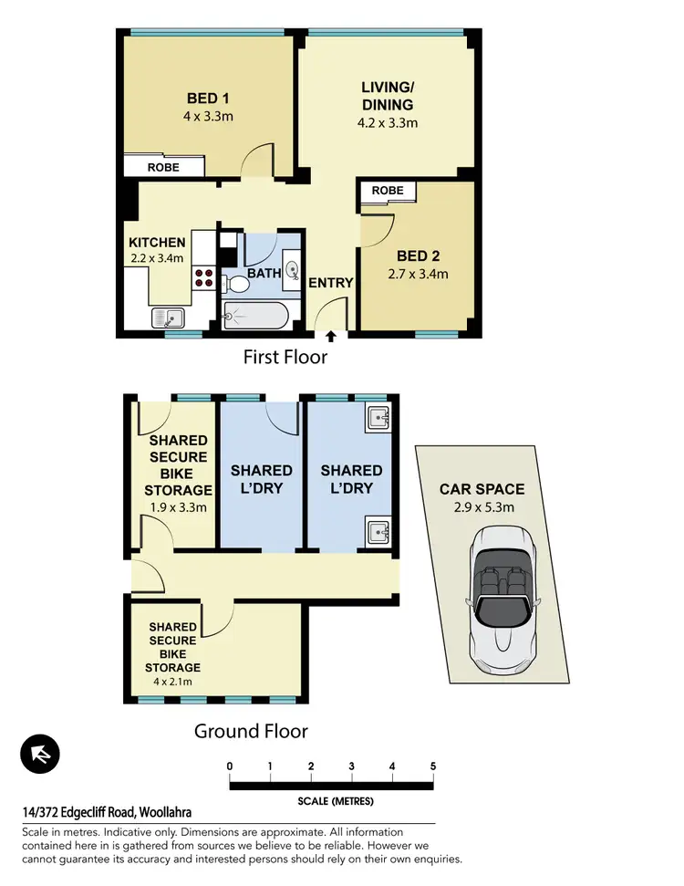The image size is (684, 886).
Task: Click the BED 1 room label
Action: pyautogui.click(x=202, y=99)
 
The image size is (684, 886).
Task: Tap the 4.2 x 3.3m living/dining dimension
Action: pyautogui.click(x=389, y=122)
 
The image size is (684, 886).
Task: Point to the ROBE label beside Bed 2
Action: pyautogui.click(x=388, y=191)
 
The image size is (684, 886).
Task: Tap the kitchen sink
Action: pyautogui.click(x=168, y=318)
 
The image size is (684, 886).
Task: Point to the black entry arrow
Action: pyautogui.click(x=329, y=336)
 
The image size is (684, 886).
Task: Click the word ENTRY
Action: pyautogui.click(x=330, y=283)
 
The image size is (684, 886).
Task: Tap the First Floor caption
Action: pyautogui.click(x=285, y=358)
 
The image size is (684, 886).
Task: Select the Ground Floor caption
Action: pyautogui.click(x=251, y=731)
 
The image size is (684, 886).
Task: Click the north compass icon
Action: pyautogui.click(x=39, y=754)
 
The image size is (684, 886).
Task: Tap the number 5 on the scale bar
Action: pyautogui.click(x=432, y=766)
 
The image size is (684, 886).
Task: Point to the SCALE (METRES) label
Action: pyautogui.click(x=336, y=802)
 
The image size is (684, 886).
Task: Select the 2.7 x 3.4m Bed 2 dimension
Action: pyautogui.click(x=417, y=274)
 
